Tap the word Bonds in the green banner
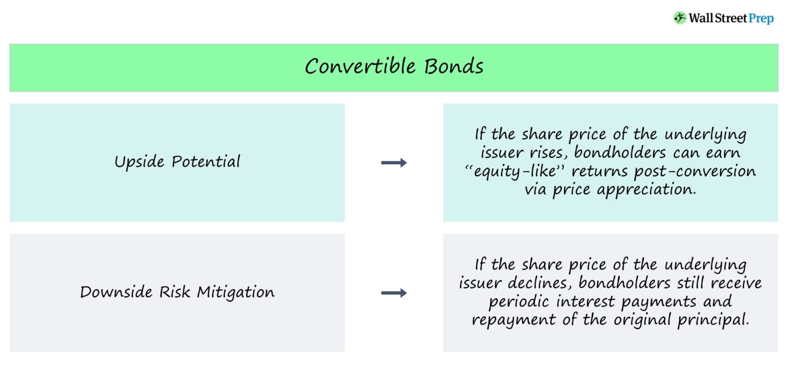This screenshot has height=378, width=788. pyautogui.click(x=454, y=67)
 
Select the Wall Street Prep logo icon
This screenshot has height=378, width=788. pyautogui.click(x=680, y=18)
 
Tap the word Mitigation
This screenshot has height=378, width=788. pyautogui.click(x=236, y=293)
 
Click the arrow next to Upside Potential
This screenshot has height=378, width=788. pyautogui.click(x=394, y=163)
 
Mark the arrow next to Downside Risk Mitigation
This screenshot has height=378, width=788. pyautogui.click(x=394, y=293)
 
